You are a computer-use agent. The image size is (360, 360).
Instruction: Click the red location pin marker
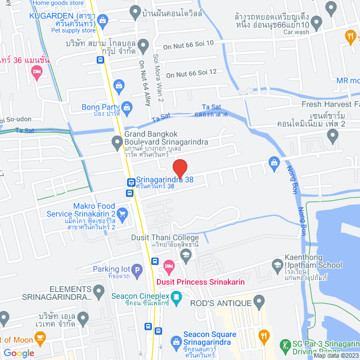point(179,168)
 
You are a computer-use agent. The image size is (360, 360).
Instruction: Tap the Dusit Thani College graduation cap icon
point(186,255)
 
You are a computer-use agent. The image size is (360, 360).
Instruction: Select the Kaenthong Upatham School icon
point(277,264)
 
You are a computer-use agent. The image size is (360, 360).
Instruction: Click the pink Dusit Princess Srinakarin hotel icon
point(168,264)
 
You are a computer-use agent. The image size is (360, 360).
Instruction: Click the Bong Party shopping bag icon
point(127,106)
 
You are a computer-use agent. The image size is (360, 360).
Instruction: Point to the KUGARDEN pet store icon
point(103,21)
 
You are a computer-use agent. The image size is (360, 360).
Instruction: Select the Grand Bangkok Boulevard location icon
point(116,141)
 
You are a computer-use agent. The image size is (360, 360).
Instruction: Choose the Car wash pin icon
point(316,22)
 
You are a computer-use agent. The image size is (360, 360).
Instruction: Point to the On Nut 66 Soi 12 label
point(191,73)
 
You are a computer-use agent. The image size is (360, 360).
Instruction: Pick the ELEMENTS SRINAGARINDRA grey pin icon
point(100,291)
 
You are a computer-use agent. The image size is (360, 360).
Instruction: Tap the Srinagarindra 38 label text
point(164,181)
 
